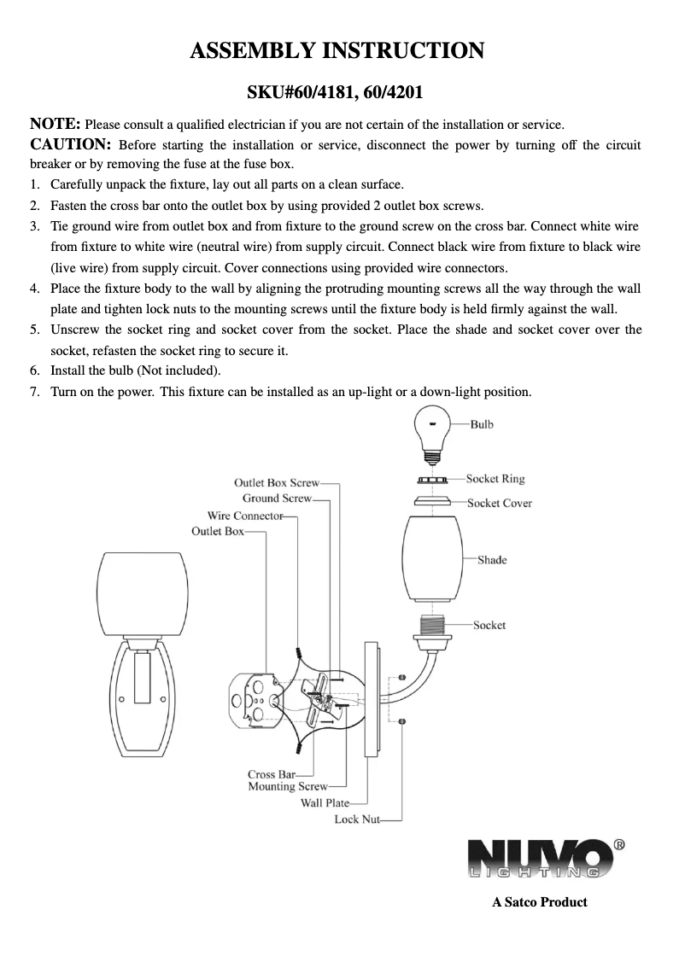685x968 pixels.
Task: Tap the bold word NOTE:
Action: point(56,125)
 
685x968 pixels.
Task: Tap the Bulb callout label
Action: point(482,424)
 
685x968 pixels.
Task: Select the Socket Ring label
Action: point(495,479)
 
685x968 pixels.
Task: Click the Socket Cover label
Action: point(499,503)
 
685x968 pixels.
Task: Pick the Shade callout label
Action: point(491,560)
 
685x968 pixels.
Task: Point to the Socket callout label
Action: point(489,625)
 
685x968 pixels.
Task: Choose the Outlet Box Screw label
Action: point(277,483)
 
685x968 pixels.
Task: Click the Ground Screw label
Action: point(277,499)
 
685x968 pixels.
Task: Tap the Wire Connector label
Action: point(245,516)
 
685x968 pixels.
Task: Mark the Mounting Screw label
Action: point(287,786)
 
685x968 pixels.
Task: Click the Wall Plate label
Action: point(325,802)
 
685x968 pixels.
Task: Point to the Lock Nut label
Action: point(356,819)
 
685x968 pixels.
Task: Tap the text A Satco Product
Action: point(539,901)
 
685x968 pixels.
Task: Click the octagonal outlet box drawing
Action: point(254,703)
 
